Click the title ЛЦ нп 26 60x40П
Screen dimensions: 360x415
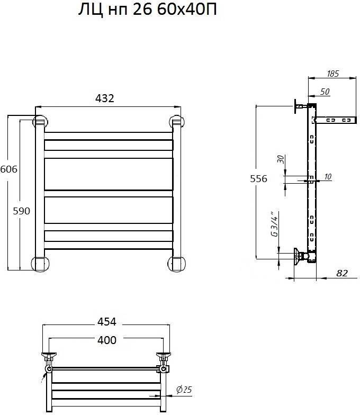point(147,10)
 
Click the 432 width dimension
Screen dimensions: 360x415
point(105,98)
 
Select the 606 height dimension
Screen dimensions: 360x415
point(8,169)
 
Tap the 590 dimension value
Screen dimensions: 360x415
point(21,211)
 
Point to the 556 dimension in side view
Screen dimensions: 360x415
point(258,179)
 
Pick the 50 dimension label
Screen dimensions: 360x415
point(325,92)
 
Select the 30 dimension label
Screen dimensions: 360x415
point(281,159)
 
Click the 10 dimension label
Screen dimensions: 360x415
point(328,177)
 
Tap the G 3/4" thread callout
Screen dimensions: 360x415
point(275,224)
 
